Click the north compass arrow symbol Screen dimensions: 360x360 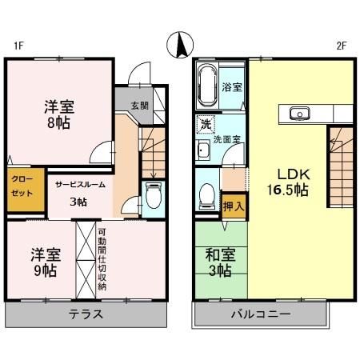pyautogui.click(x=180, y=45)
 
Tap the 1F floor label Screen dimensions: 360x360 pyautogui.click(x=18, y=46)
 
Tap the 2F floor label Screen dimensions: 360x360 pyautogui.click(x=341, y=46)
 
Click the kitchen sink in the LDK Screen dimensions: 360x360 pyautogui.click(x=301, y=113)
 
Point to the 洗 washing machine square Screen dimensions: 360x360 pyautogui.click(x=206, y=125)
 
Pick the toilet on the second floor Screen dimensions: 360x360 pyautogui.click(x=208, y=194)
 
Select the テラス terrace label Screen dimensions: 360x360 pyautogui.click(x=86, y=314)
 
